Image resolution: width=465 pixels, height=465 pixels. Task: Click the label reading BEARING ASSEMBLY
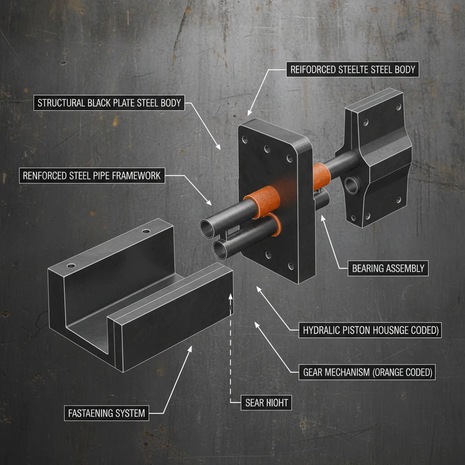(388, 268)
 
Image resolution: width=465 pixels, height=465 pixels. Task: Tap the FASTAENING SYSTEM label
(106, 413)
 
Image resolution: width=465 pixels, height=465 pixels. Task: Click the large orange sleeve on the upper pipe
(258, 201)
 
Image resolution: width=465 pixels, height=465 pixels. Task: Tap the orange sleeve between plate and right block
(322, 175)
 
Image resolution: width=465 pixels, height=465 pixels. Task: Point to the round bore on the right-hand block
(351, 184)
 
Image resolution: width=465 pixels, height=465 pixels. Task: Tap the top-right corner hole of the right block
(398, 108)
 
